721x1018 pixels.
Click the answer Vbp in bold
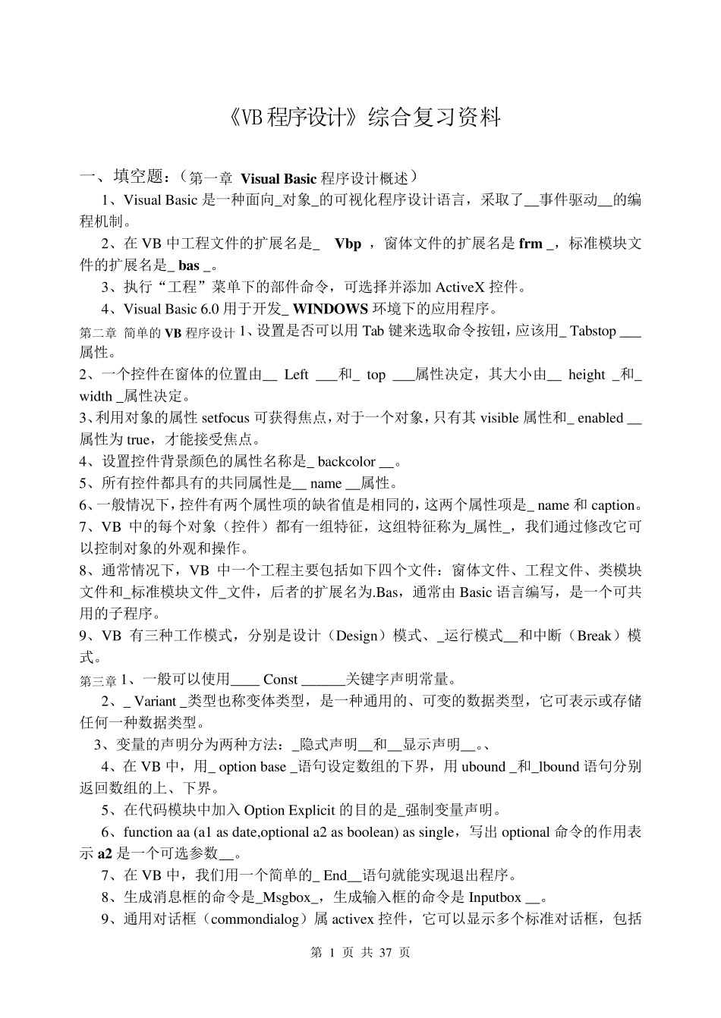point(348,244)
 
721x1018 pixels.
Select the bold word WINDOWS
point(331,309)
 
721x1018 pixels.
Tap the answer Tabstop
point(593,331)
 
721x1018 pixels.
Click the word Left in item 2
point(296,374)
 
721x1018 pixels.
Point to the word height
point(586,374)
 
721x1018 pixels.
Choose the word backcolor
point(346,461)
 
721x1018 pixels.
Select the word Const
point(280,679)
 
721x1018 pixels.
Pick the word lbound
point(559,766)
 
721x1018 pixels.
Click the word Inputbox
point(494,897)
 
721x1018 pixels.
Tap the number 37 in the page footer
point(384,953)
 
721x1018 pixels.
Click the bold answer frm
point(531,244)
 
